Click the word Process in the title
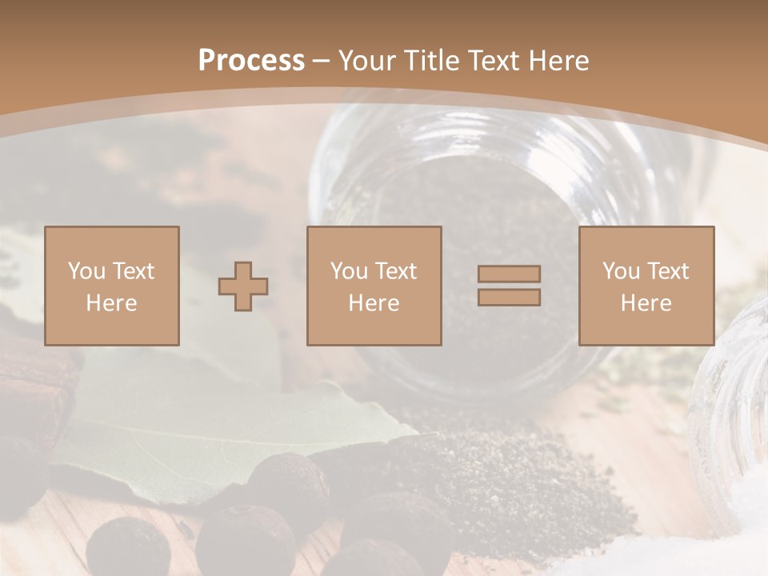251,61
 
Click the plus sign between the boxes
243,286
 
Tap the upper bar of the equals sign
509,274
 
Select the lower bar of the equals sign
509,298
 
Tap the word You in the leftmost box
86,271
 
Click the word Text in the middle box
396,271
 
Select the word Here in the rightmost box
646,303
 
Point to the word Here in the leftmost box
112,303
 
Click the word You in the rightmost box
621,271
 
